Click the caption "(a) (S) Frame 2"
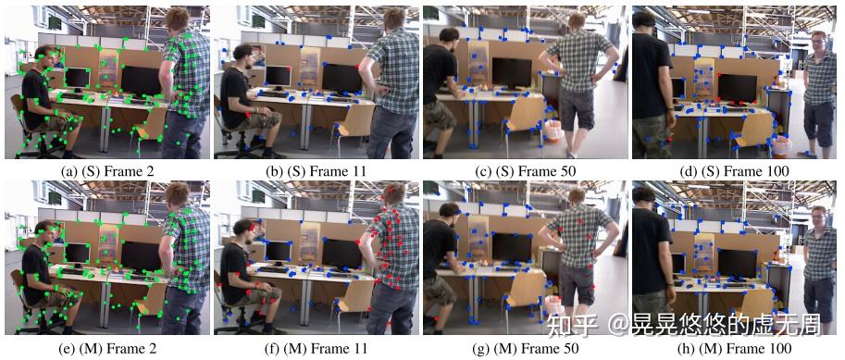[105, 171]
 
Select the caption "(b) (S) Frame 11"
[315, 171]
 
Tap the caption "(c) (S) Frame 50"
[525, 171]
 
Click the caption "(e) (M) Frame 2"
[105, 348]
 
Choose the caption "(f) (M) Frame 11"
[315, 348]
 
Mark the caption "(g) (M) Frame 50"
[525, 348]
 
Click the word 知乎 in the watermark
[563, 324]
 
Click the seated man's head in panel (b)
[243, 56]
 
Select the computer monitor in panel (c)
[512, 71]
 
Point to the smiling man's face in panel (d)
[819, 42]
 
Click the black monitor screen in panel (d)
[737, 87]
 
